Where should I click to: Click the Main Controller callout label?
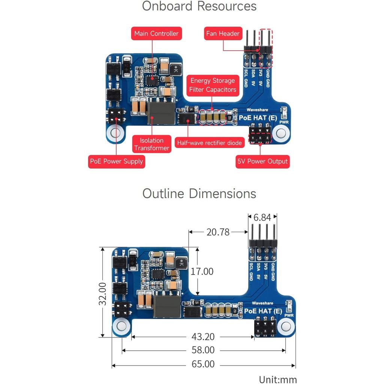[x=156, y=34]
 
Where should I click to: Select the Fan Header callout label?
[x=223, y=34]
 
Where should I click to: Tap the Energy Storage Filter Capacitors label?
[x=213, y=85]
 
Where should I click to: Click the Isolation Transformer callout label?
[x=151, y=144]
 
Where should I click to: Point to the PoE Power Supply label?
[x=116, y=162]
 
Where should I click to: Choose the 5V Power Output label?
[x=262, y=162]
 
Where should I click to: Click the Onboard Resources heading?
[x=199, y=6]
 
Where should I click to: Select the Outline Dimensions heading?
[x=199, y=194]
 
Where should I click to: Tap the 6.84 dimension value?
[x=262, y=217]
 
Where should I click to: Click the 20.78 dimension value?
[x=218, y=232]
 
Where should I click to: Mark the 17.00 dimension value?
[x=202, y=271]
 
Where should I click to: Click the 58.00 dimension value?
[x=203, y=350]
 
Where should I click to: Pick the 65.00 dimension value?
[x=203, y=364]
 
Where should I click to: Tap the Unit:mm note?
[x=278, y=379]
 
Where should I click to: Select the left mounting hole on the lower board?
[x=121, y=327]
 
